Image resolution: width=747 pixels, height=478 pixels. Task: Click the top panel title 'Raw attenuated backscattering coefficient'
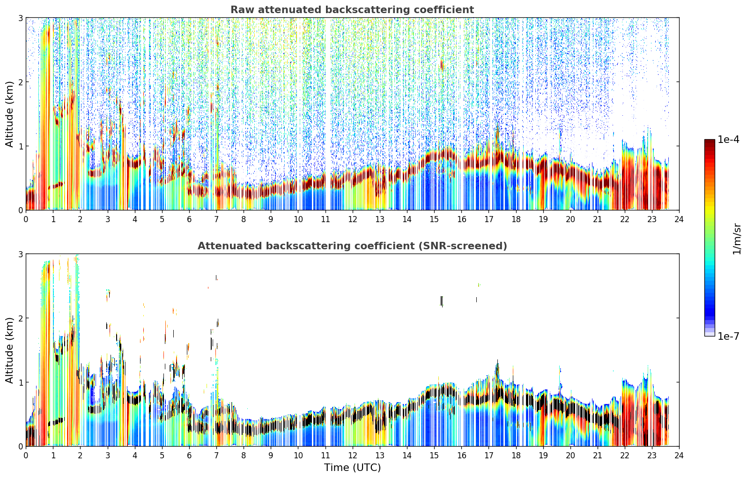(x=352, y=10)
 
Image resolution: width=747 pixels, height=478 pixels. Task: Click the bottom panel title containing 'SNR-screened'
(x=352, y=246)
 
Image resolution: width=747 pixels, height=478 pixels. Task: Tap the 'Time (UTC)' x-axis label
(x=352, y=468)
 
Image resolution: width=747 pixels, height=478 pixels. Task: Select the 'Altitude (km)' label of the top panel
(x=9, y=114)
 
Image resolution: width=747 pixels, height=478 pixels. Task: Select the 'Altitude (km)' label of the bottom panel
(x=9, y=351)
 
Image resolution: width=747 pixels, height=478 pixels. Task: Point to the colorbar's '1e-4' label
(x=728, y=140)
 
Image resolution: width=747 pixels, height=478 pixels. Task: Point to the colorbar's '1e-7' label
(x=728, y=336)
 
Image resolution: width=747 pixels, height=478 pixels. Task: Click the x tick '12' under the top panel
(x=353, y=219)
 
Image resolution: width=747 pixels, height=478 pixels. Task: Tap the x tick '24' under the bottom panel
(x=679, y=456)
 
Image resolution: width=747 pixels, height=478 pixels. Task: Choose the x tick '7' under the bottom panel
(x=216, y=456)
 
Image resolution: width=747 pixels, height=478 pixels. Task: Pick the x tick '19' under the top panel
(x=543, y=219)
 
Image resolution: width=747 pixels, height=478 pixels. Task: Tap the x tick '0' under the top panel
(x=26, y=219)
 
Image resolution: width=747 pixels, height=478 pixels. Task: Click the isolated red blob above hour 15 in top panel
(x=442, y=64)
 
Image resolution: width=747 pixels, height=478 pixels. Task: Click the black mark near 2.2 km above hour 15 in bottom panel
(x=442, y=301)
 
